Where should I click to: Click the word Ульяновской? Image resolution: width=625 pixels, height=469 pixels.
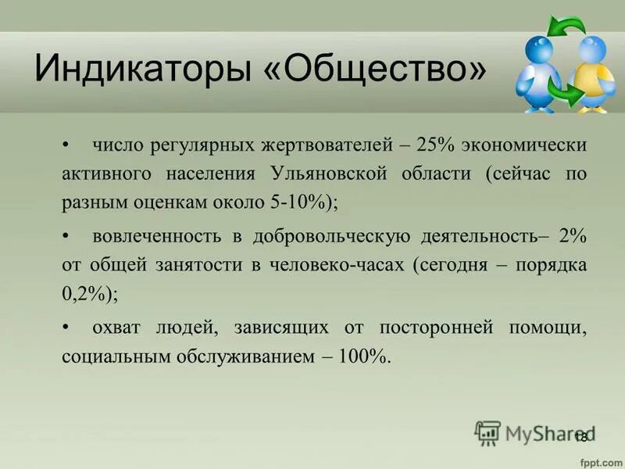click(x=330, y=173)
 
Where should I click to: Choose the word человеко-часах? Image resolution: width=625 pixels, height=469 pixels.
click(x=336, y=265)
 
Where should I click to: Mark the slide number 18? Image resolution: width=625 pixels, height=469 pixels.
click(x=580, y=437)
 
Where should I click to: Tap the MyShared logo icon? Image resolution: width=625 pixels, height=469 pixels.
click(x=487, y=432)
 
